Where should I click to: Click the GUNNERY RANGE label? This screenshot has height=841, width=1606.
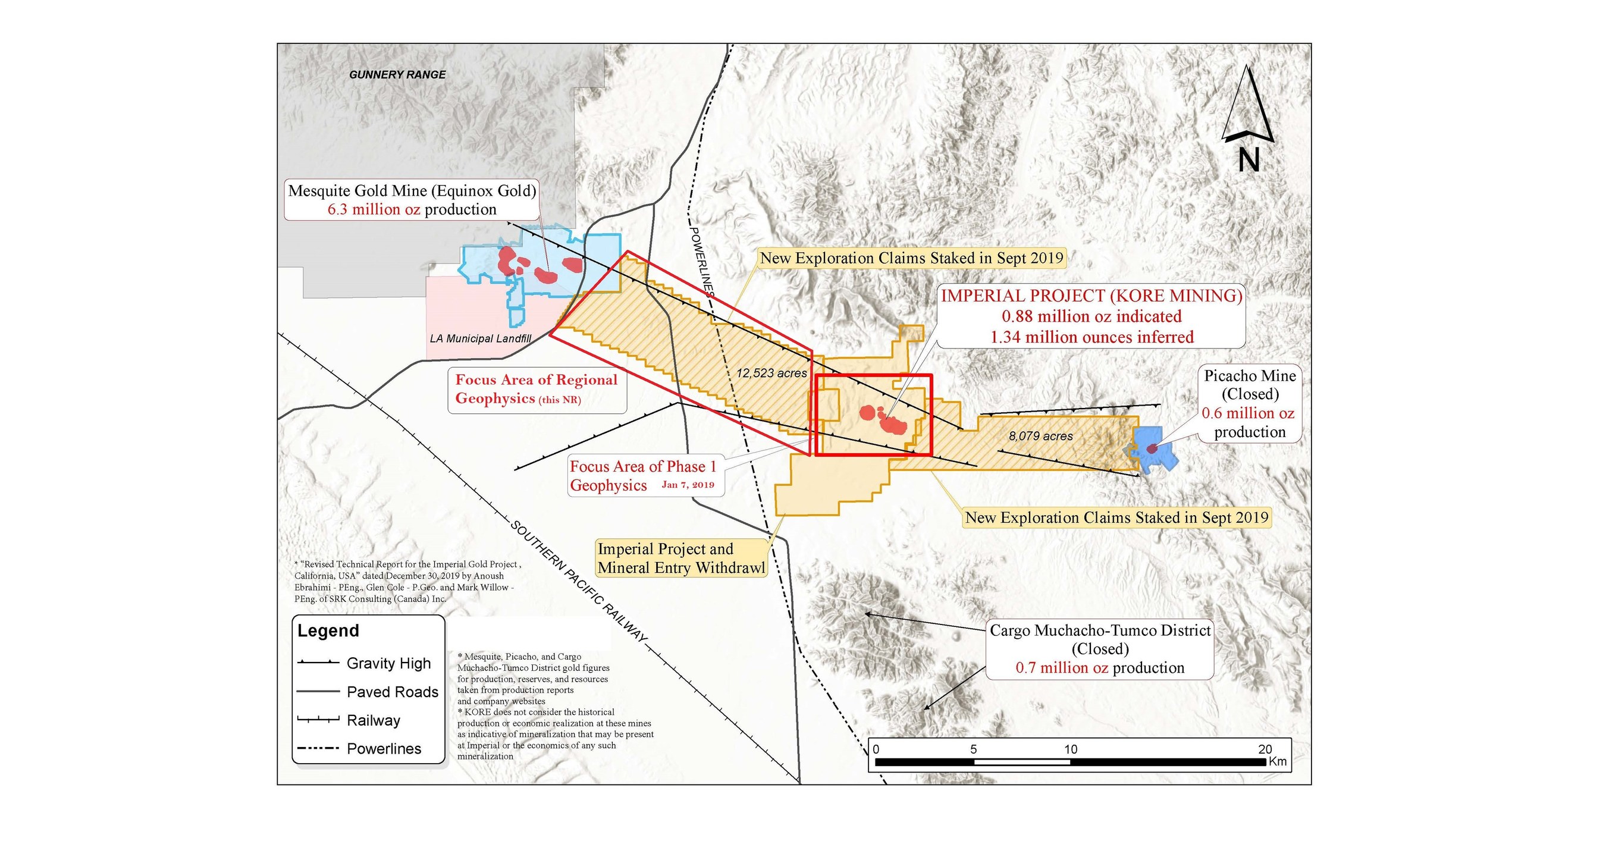[x=397, y=75]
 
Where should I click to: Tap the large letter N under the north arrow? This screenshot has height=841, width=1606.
[x=1249, y=159]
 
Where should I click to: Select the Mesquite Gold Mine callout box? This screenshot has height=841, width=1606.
[x=412, y=199]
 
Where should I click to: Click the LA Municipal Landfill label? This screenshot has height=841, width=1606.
[x=480, y=338]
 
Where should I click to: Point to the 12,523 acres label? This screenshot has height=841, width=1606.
[x=771, y=374]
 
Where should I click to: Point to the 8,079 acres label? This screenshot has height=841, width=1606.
[x=1040, y=437]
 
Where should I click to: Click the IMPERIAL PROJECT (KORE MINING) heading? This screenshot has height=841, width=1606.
[x=1091, y=296]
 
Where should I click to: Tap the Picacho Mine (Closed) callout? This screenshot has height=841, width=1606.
[x=1249, y=403]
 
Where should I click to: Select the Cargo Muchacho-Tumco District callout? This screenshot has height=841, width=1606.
[x=1100, y=648]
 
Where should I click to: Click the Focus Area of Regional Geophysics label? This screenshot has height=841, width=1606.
[x=536, y=389]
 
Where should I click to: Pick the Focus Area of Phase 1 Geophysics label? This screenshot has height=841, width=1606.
[x=644, y=476]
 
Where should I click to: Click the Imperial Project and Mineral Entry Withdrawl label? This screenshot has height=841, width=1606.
[x=681, y=558]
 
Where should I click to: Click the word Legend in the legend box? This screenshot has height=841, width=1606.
[x=328, y=630]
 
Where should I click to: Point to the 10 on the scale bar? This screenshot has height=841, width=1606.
[x=1071, y=749]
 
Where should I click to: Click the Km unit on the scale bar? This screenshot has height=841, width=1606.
[x=1278, y=761]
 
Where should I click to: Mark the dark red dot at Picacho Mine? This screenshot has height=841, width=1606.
[x=1152, y=448]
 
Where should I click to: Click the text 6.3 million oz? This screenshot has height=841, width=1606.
[x=374, y=209]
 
